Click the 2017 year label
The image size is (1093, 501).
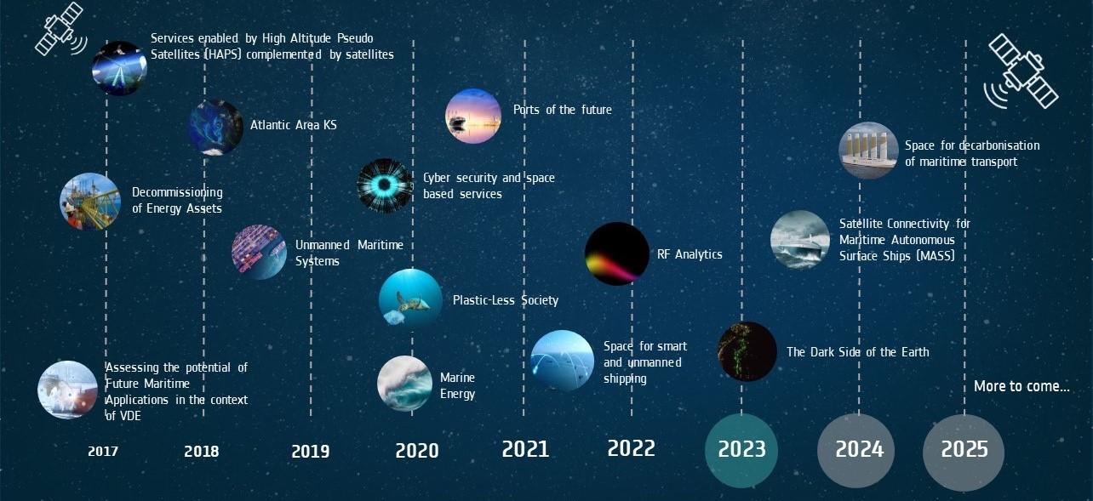point(102,452)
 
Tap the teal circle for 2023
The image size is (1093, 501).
point(741,450)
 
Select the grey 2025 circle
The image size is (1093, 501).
point(964,453)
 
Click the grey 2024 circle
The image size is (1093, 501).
point(856,450)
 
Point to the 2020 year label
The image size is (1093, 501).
point(417,451)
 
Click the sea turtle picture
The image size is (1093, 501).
point(410,299)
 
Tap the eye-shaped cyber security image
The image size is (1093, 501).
point(385,185)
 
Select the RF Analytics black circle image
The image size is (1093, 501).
point(617,253)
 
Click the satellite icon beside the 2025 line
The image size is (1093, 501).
point(1021,71)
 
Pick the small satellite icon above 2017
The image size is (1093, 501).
point(60,29)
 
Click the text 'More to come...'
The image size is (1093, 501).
point(1021,386)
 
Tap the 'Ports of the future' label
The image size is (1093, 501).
point(562,110)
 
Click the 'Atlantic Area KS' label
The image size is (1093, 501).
point(294,125)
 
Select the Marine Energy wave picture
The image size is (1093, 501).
point(404,384)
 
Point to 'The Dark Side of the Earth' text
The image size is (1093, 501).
point(858,352)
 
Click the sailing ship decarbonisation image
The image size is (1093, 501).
point(868,151)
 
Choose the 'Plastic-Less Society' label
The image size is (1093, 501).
point(506,300)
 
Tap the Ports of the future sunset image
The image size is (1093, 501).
point(472,116)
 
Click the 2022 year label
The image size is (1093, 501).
point(631,448)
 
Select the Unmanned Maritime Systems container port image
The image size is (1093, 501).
point(259,252)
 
